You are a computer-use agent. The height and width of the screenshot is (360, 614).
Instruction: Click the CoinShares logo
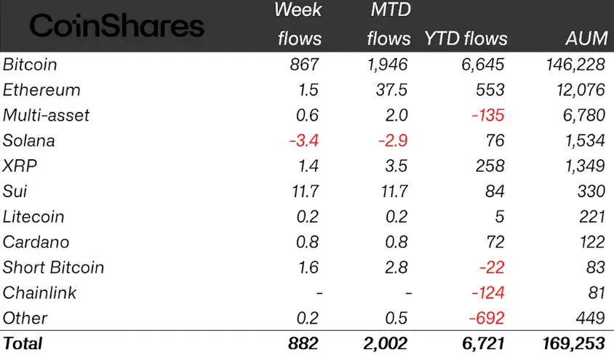(x=116, y=26)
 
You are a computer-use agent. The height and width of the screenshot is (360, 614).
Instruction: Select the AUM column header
(x=585, y=39)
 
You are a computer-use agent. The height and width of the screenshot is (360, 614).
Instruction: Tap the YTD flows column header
(x=466, y=39)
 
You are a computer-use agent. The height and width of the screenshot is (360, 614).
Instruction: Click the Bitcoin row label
(x=30, y=65)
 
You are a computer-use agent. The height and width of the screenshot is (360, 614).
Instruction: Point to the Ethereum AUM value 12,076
(x=575, y=90)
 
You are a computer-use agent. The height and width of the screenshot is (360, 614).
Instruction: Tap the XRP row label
(x=20, y=166)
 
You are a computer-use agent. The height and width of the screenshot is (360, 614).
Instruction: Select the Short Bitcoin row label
(x=53, y=268)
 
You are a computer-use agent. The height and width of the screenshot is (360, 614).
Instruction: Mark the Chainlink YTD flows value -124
(x=487, y=293)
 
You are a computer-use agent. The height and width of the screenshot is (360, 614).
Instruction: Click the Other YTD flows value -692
(x=487, y=318)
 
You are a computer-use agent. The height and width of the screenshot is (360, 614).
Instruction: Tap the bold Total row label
(x=23, y=343)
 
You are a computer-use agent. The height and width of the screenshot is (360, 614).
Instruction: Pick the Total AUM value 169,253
(x=570, y=343)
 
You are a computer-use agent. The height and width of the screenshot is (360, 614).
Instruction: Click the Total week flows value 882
(x=303, y=343)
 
